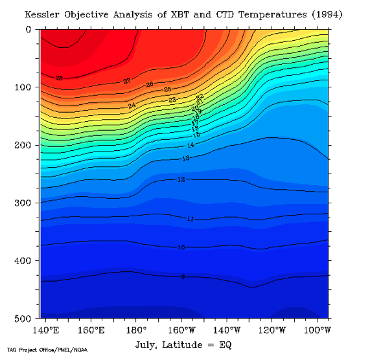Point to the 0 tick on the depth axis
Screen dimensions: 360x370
[29, 30]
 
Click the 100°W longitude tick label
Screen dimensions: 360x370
[317, 330]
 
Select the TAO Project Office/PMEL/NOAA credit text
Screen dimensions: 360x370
[47, 351]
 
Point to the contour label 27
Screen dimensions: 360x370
[127, 81]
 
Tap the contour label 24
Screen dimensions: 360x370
[132, 106]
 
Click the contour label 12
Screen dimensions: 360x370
[181, 179]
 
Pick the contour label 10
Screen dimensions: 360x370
[181, 247]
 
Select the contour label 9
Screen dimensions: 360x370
[183, 276]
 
